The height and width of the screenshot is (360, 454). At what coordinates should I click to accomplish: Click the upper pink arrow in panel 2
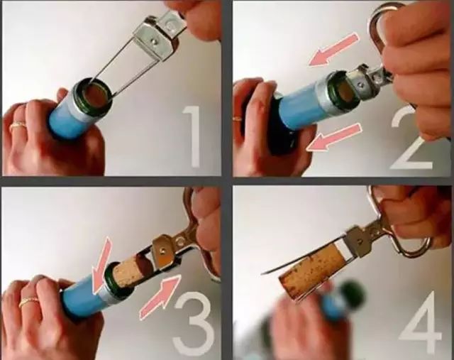point(334,50)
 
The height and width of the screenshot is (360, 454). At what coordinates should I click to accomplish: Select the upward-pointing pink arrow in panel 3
point(160,297)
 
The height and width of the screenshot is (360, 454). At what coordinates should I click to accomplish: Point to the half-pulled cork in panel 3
point(131,271)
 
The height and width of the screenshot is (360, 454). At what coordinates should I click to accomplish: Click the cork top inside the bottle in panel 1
point(94,96)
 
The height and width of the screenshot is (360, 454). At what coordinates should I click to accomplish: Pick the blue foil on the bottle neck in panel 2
point(301,106)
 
